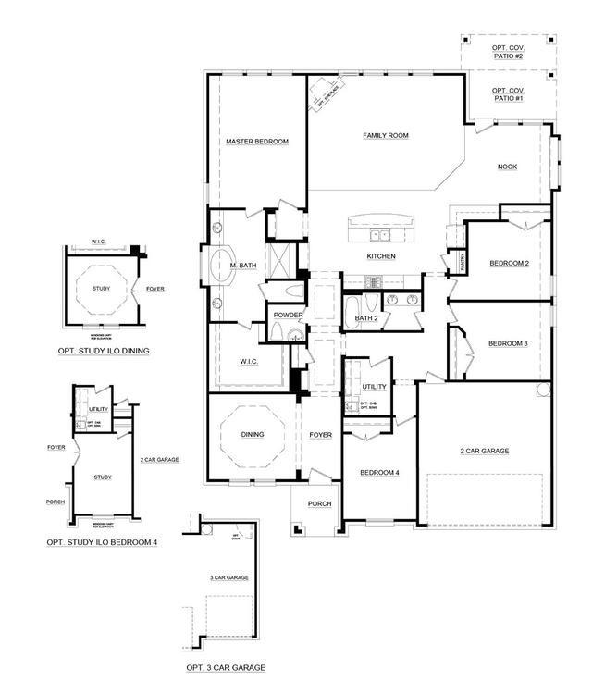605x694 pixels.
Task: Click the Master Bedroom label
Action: tap(257, 142)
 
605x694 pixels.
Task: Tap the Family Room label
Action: tap(385, 136)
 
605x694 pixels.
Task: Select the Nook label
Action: tap(507, 167)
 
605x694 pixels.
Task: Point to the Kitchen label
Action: tap(381, 256)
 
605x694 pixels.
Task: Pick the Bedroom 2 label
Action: tap(509, 264)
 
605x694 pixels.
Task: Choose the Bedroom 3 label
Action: tap(508, 343)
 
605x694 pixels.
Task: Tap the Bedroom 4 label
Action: tap(379, 473)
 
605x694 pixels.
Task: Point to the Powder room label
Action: tap(288, 316)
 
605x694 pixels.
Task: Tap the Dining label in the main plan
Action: tap(252, 434)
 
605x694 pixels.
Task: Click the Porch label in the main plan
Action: tap(319, 503)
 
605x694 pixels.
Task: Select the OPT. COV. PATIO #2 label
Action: tap(508, 52)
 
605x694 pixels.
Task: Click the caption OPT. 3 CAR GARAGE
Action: tap(226, 667)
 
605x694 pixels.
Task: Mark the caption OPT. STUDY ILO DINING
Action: tap(103, 351)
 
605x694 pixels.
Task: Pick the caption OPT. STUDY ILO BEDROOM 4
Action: tap(102, 543)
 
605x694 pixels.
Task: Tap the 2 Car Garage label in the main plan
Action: tap(485, 451)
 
